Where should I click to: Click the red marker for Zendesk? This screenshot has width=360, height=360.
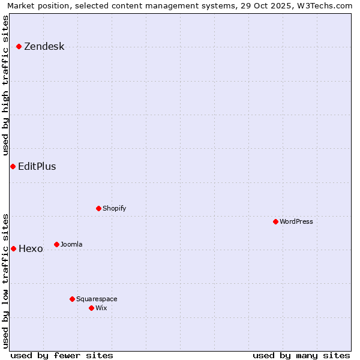[x=19, y=46]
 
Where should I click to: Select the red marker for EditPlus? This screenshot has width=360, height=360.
[x=13, y=166]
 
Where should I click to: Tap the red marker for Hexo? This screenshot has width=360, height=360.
[x=13, y=248]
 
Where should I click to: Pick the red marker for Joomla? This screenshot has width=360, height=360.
[x=56, y=244]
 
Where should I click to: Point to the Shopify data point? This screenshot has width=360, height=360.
[x=98, y=208]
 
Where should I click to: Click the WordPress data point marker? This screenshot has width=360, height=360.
[x=275, y=221]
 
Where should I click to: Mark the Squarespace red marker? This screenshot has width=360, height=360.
[x=72, y=299]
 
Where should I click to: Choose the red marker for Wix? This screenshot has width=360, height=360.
[x=91, y=308]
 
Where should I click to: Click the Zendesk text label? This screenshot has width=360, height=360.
[x=44, y=47]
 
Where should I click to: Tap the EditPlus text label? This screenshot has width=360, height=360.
[x=37, y=167]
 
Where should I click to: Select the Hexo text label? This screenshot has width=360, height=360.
[x=31, y=249]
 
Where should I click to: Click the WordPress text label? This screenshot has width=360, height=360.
[x=296, y=222]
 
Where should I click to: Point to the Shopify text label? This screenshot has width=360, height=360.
[x=115, y=209]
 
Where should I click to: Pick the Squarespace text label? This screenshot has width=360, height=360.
[x=97, y=299]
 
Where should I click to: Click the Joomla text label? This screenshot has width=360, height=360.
[x=71, y=245]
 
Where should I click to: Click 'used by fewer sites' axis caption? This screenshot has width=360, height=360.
[x=62, y=355]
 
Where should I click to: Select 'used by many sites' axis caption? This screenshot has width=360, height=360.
[x=301, y=355]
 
